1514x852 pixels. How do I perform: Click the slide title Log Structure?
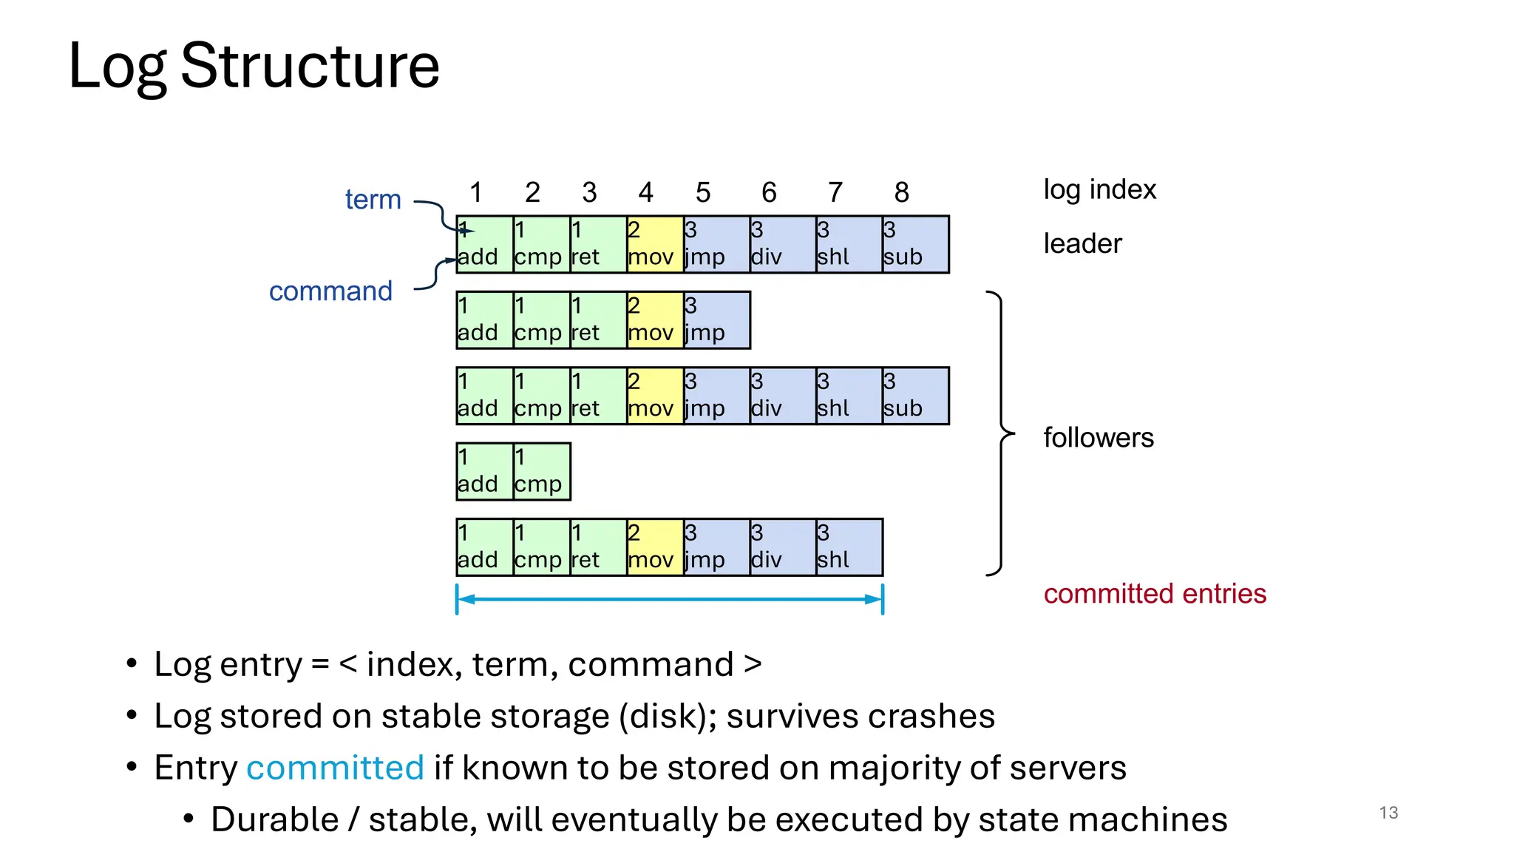pos(254,67)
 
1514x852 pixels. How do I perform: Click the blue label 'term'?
pos(373,200)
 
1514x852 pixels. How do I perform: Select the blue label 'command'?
pos(330,291)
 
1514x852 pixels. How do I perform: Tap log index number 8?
pos(901,193)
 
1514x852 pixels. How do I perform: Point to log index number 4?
pos(645,193)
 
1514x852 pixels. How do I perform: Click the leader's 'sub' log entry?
pos(915,245)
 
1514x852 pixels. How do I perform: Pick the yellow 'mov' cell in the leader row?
pos(655,245)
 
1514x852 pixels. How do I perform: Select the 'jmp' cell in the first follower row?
pos(716,320)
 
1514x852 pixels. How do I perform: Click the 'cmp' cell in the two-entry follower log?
pos(541,472)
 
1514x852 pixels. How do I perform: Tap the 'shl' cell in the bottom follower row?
pos(849,547)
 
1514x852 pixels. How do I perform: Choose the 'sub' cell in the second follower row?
pos(915,396)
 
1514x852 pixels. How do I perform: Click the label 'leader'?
pos(1082,244)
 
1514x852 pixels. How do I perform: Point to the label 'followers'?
pos(1098,438)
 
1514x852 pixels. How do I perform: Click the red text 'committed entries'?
pos(1155,594)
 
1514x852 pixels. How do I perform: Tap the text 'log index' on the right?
pos(1099,190)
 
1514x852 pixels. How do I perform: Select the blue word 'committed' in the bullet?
pos(335,768)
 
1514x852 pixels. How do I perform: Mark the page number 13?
pos(1388,813)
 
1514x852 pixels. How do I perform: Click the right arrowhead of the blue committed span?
pos(875,599)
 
